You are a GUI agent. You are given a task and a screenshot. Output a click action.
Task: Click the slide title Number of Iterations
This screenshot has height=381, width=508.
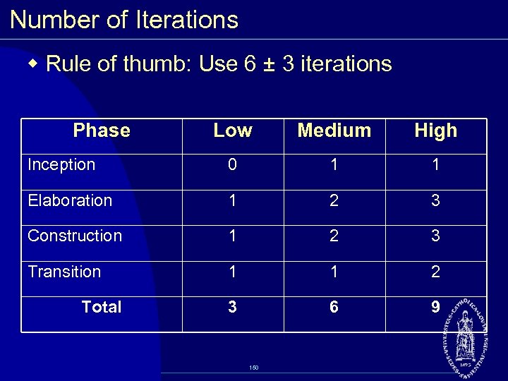[124, 20]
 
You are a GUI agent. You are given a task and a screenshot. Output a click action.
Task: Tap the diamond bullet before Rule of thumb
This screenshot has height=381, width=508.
[33, 64]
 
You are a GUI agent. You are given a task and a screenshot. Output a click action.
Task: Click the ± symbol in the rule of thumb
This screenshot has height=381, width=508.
[268, 65]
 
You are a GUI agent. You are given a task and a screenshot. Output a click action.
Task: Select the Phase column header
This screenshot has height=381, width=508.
[102, 131]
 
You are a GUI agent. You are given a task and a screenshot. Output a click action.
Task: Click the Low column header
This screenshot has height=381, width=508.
[232, 131]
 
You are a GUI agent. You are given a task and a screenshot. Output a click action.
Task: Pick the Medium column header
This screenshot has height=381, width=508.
[334, 131]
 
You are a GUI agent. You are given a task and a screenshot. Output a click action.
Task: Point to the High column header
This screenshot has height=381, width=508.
[435, 131]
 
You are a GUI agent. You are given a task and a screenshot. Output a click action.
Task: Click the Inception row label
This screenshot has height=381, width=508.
[61, 165]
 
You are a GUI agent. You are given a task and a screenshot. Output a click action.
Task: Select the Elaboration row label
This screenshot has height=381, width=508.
[69, 200]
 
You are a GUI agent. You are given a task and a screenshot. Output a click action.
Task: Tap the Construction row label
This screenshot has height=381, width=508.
[74, 236]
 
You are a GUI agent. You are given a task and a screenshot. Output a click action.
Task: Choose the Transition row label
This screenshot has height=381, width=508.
[64, 272]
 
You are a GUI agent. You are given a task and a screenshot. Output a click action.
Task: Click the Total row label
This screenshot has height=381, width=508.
[102, 307]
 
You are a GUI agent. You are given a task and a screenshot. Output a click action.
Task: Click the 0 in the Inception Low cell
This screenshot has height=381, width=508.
[232, 165]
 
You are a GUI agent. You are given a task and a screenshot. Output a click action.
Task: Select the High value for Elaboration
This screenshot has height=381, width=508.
[435, 200]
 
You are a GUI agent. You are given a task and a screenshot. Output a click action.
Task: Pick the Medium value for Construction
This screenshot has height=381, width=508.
[334, 236]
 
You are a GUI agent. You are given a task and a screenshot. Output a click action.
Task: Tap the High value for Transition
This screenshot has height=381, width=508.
[435, 272]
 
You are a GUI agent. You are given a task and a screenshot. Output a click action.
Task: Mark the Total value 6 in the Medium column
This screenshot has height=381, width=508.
[334, 307]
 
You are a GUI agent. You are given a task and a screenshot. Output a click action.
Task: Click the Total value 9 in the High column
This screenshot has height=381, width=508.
[435, 307]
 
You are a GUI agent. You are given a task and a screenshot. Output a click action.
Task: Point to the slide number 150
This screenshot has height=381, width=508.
[254, 368]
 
